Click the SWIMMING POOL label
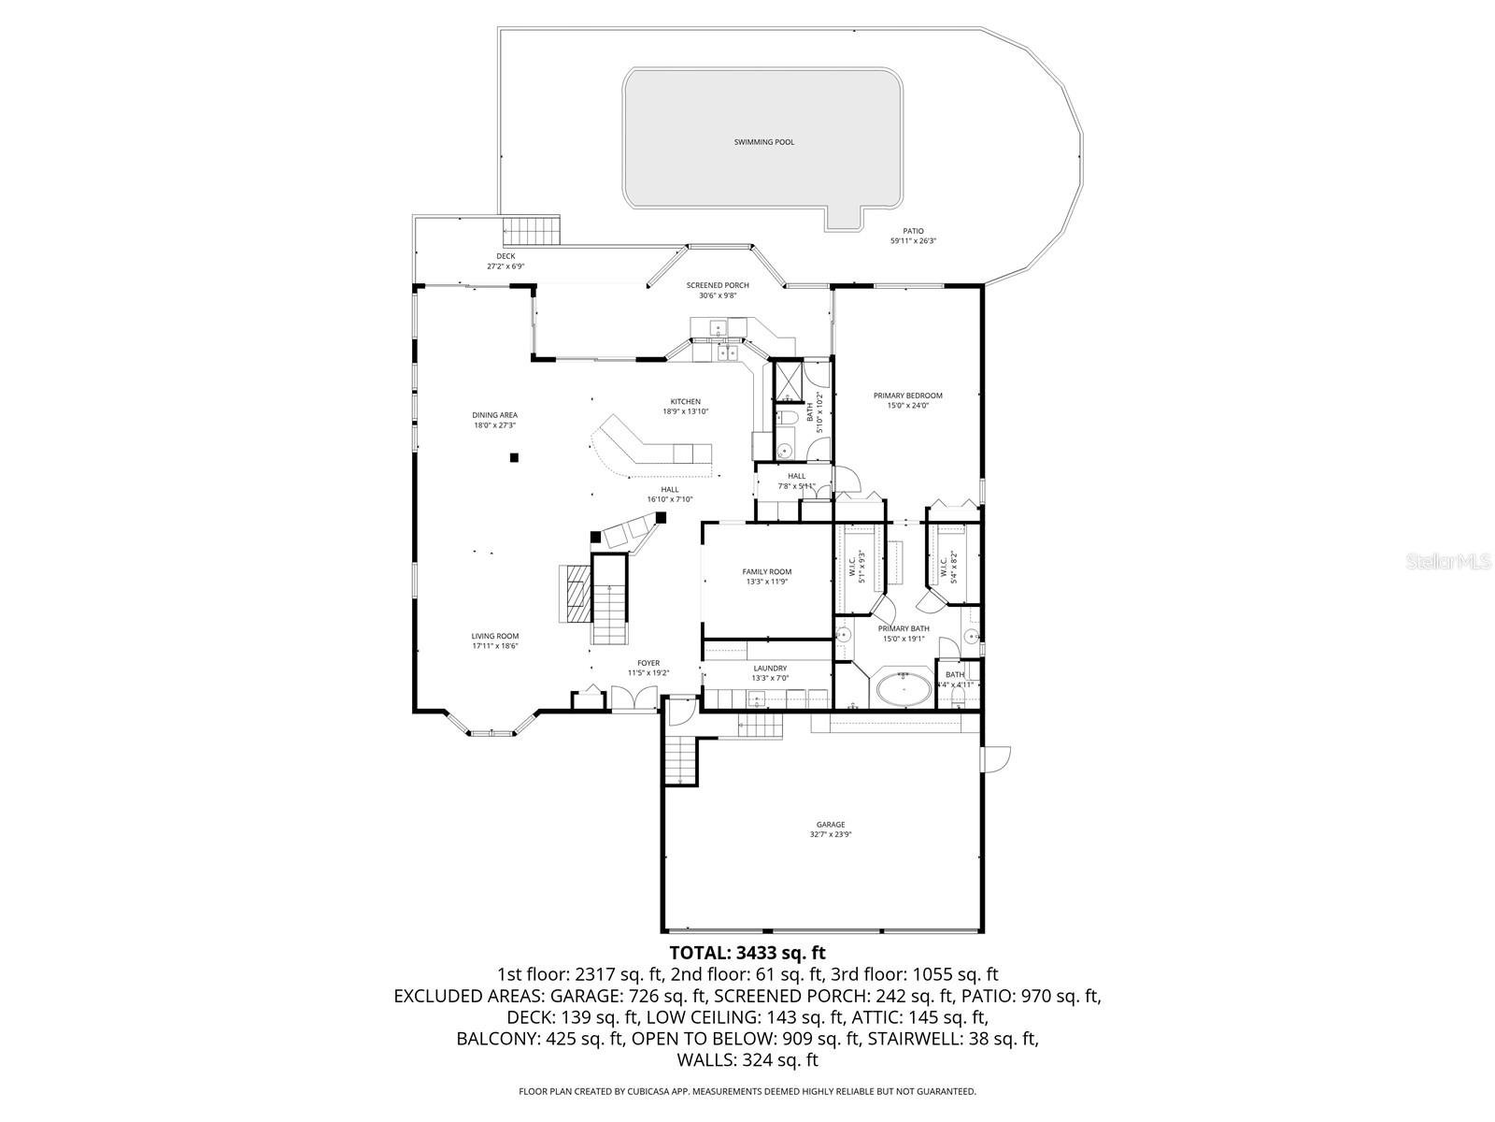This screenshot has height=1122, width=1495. (x=763, y=142)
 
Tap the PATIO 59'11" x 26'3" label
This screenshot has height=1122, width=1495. (x=913, y=236)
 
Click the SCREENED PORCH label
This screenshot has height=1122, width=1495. (x=718, y=290)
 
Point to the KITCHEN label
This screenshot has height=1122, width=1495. (x=685, y=406)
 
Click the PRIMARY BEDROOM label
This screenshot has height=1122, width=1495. (x=907, y=400)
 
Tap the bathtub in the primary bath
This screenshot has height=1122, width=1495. (x=902, y=691)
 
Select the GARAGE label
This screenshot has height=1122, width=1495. (x=829, y=829)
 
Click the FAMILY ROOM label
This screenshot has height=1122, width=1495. (x=766, y=576)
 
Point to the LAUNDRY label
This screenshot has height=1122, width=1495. (x=770, y=673)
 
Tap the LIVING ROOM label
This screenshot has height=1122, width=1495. (x=494, y=640)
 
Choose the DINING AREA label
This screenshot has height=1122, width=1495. (x=494, y=420)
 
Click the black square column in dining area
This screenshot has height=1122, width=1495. (x=514, y=457)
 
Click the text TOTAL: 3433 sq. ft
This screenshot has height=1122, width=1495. (x=747, y=953)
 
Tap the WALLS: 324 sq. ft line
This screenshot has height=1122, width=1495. (x=747, y=1060)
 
